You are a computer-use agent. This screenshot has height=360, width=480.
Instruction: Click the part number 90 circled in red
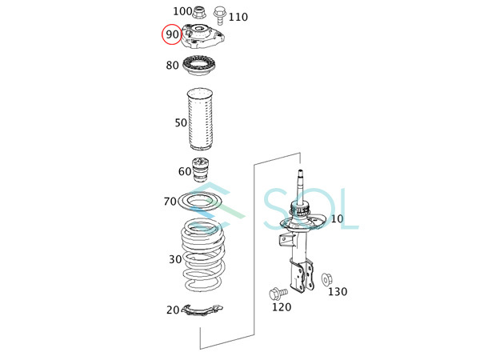point(172,34)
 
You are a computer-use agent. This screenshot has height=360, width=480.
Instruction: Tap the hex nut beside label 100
point(198,12)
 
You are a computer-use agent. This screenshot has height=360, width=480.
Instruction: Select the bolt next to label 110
point(219,15)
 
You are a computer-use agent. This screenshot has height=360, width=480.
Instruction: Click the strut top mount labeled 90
point(203,36)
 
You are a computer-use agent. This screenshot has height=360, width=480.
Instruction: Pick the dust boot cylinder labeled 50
point(200,119)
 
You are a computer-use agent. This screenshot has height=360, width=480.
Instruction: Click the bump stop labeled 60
point(200,170)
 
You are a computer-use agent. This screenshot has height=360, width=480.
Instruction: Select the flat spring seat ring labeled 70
point(199,202)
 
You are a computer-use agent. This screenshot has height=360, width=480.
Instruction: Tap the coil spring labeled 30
point(203,254)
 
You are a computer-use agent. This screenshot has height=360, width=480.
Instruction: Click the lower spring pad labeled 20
point(202,310)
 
